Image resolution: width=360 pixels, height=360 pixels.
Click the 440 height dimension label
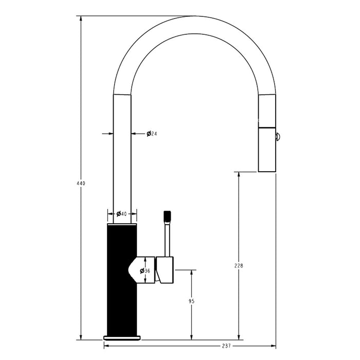(x=81, y=183)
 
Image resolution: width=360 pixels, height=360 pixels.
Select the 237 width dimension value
(x=226, y=346)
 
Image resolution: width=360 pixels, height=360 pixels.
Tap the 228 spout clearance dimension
(x=239, y=266)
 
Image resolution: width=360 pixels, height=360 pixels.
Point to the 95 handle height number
(x=191, y=301)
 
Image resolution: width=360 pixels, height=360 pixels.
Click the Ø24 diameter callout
(x=152, y=133)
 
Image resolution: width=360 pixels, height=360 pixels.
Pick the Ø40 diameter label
(x=121, y=214)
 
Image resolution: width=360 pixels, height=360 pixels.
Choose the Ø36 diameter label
(x=145, y=271)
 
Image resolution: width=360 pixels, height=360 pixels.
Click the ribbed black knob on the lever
(x=167, y=216)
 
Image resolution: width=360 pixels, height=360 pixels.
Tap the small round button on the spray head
(x=277, y=137)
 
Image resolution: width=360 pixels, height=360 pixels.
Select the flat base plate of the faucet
(x=122, y=338)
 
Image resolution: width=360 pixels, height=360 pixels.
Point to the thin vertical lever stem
(x=167, y=239)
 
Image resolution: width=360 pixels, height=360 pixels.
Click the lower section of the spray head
(x=267, y=150)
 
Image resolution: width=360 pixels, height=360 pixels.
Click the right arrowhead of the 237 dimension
(x=273, y=346)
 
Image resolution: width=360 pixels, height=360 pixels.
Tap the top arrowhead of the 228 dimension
(x=239, y=174)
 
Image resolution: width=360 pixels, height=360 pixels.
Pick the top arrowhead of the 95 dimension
(x=191, y=273)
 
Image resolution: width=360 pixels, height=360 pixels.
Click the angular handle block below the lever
(x=165, y=270)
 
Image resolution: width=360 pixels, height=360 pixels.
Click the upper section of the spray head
(x=267, y=111)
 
